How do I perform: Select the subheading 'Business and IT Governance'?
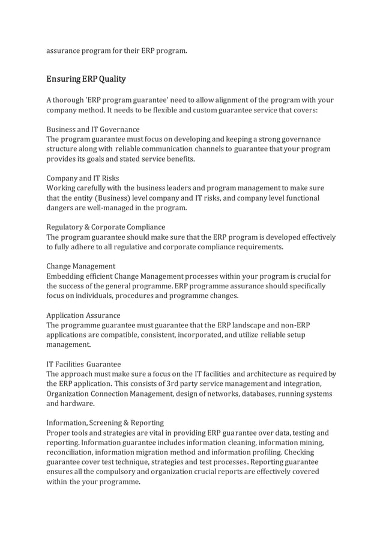(x=93, y=129)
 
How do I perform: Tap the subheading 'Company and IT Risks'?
(x=83, y=178)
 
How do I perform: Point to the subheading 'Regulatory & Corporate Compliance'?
(x=106, y=227)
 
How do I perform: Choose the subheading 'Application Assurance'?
(x=83, y=315)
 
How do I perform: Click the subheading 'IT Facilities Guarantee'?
(x=84, y=364)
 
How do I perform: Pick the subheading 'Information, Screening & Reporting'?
(x=105, y=422)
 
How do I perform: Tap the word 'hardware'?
(x=79, y=404)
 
